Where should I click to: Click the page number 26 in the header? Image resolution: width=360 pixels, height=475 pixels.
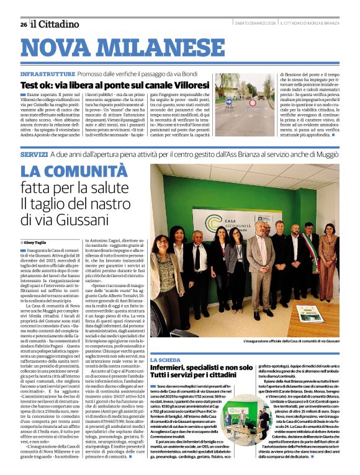pyautogui.click(x=24, y=24)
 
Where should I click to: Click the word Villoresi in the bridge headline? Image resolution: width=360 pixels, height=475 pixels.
pyautogui.click(x=185, y=85)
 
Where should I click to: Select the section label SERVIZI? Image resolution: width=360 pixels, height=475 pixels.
pyautogui.click(x=34, y=153)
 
